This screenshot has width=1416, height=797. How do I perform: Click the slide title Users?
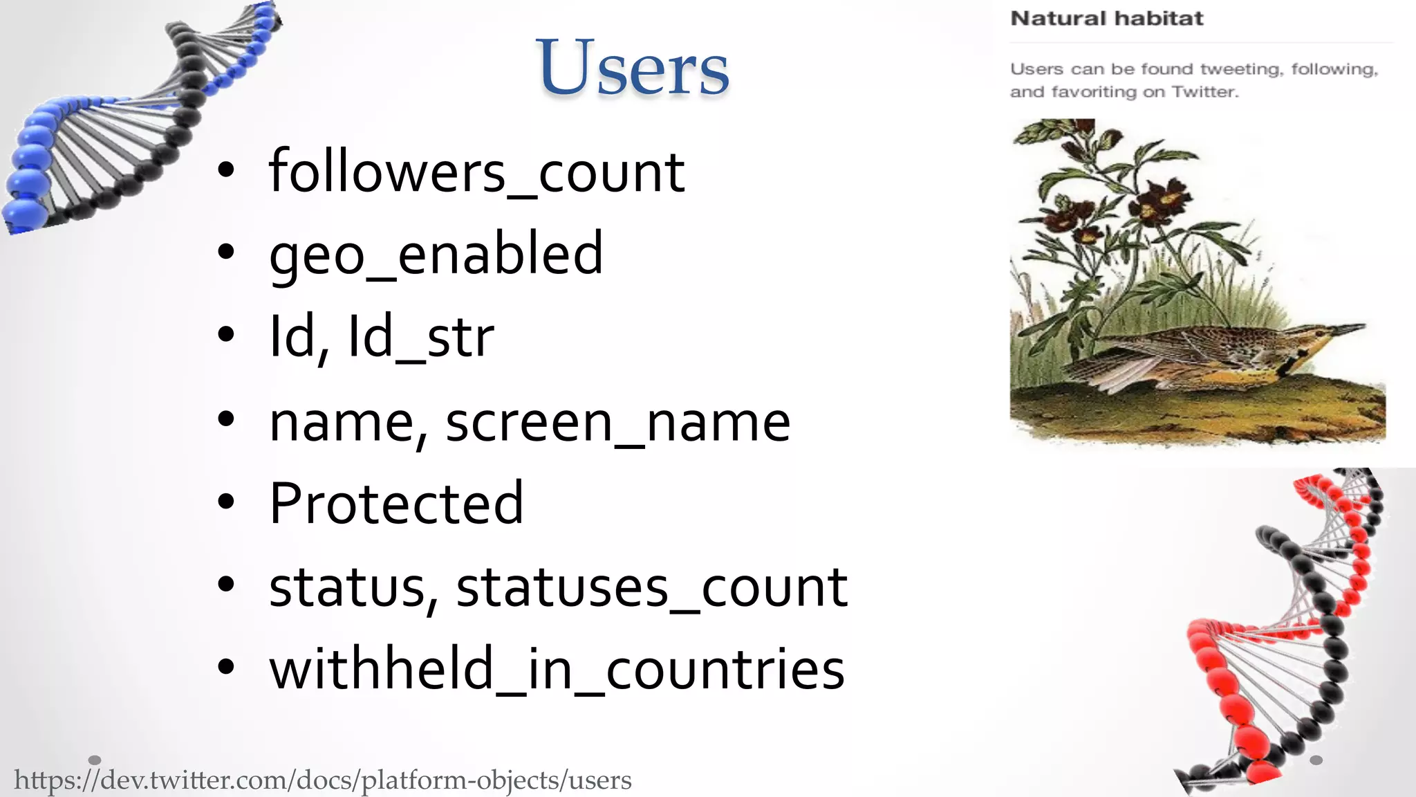click(632, 68)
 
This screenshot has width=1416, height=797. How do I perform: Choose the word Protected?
click(395, 504)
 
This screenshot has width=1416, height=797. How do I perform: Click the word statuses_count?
click(651, 587)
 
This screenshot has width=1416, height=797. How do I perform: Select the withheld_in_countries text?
click(557, 670)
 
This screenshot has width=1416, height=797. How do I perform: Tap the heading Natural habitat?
click(1106, 19)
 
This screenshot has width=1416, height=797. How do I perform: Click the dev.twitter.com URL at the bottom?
click(322, 780)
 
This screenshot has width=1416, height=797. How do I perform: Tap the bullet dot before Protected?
click(225, 503)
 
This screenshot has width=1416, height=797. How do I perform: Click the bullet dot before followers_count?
click(225, 171)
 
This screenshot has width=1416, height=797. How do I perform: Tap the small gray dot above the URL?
click(95, 760)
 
